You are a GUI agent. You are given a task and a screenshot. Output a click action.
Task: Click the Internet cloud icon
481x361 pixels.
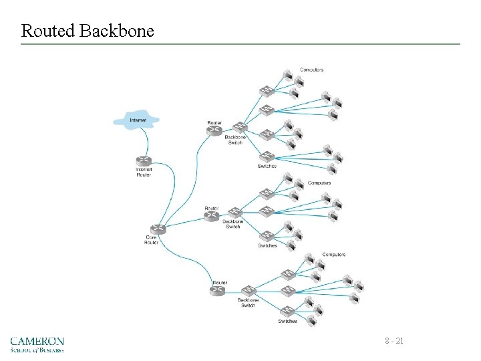click(x=137, y=120)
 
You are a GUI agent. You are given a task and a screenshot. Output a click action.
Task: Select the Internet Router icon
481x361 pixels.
click(x=144, y=161)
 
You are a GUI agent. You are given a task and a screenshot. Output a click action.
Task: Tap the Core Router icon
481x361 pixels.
click(x=158, y=229)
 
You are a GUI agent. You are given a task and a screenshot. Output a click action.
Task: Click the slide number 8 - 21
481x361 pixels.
click(x=394, y=342)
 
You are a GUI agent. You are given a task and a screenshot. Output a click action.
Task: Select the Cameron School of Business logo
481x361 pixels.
click(x=37, y=344)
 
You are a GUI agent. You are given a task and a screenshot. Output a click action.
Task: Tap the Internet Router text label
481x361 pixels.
click(x=144, y=172)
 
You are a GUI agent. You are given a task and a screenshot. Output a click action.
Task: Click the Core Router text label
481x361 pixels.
click(x=152, y=240)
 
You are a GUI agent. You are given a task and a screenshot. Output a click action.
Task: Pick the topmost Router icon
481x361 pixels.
click(x=214, y=131)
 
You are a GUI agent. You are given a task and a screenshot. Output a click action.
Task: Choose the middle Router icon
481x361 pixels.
click(x=212, y=217)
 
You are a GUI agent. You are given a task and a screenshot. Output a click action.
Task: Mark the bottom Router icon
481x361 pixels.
click(x=219, y=290)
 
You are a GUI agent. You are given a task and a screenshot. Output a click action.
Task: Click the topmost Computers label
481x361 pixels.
click(x=312, y=70)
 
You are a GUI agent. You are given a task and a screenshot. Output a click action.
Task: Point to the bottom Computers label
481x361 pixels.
click(x=334, y=255)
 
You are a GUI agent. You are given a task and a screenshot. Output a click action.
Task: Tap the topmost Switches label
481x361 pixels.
click(x=267, y=166)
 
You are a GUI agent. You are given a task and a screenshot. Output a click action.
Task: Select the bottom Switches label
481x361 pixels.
click(x=288, y=322)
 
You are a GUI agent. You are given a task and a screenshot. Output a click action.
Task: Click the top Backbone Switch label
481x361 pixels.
click(x=235, y=140)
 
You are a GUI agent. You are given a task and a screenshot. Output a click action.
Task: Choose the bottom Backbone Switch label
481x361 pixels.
click(x=248, y=303)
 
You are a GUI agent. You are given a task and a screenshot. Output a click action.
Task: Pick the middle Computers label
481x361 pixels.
click(x=319, y=183)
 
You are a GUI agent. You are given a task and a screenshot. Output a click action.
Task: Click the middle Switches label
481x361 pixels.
click(x=267, y=245)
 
